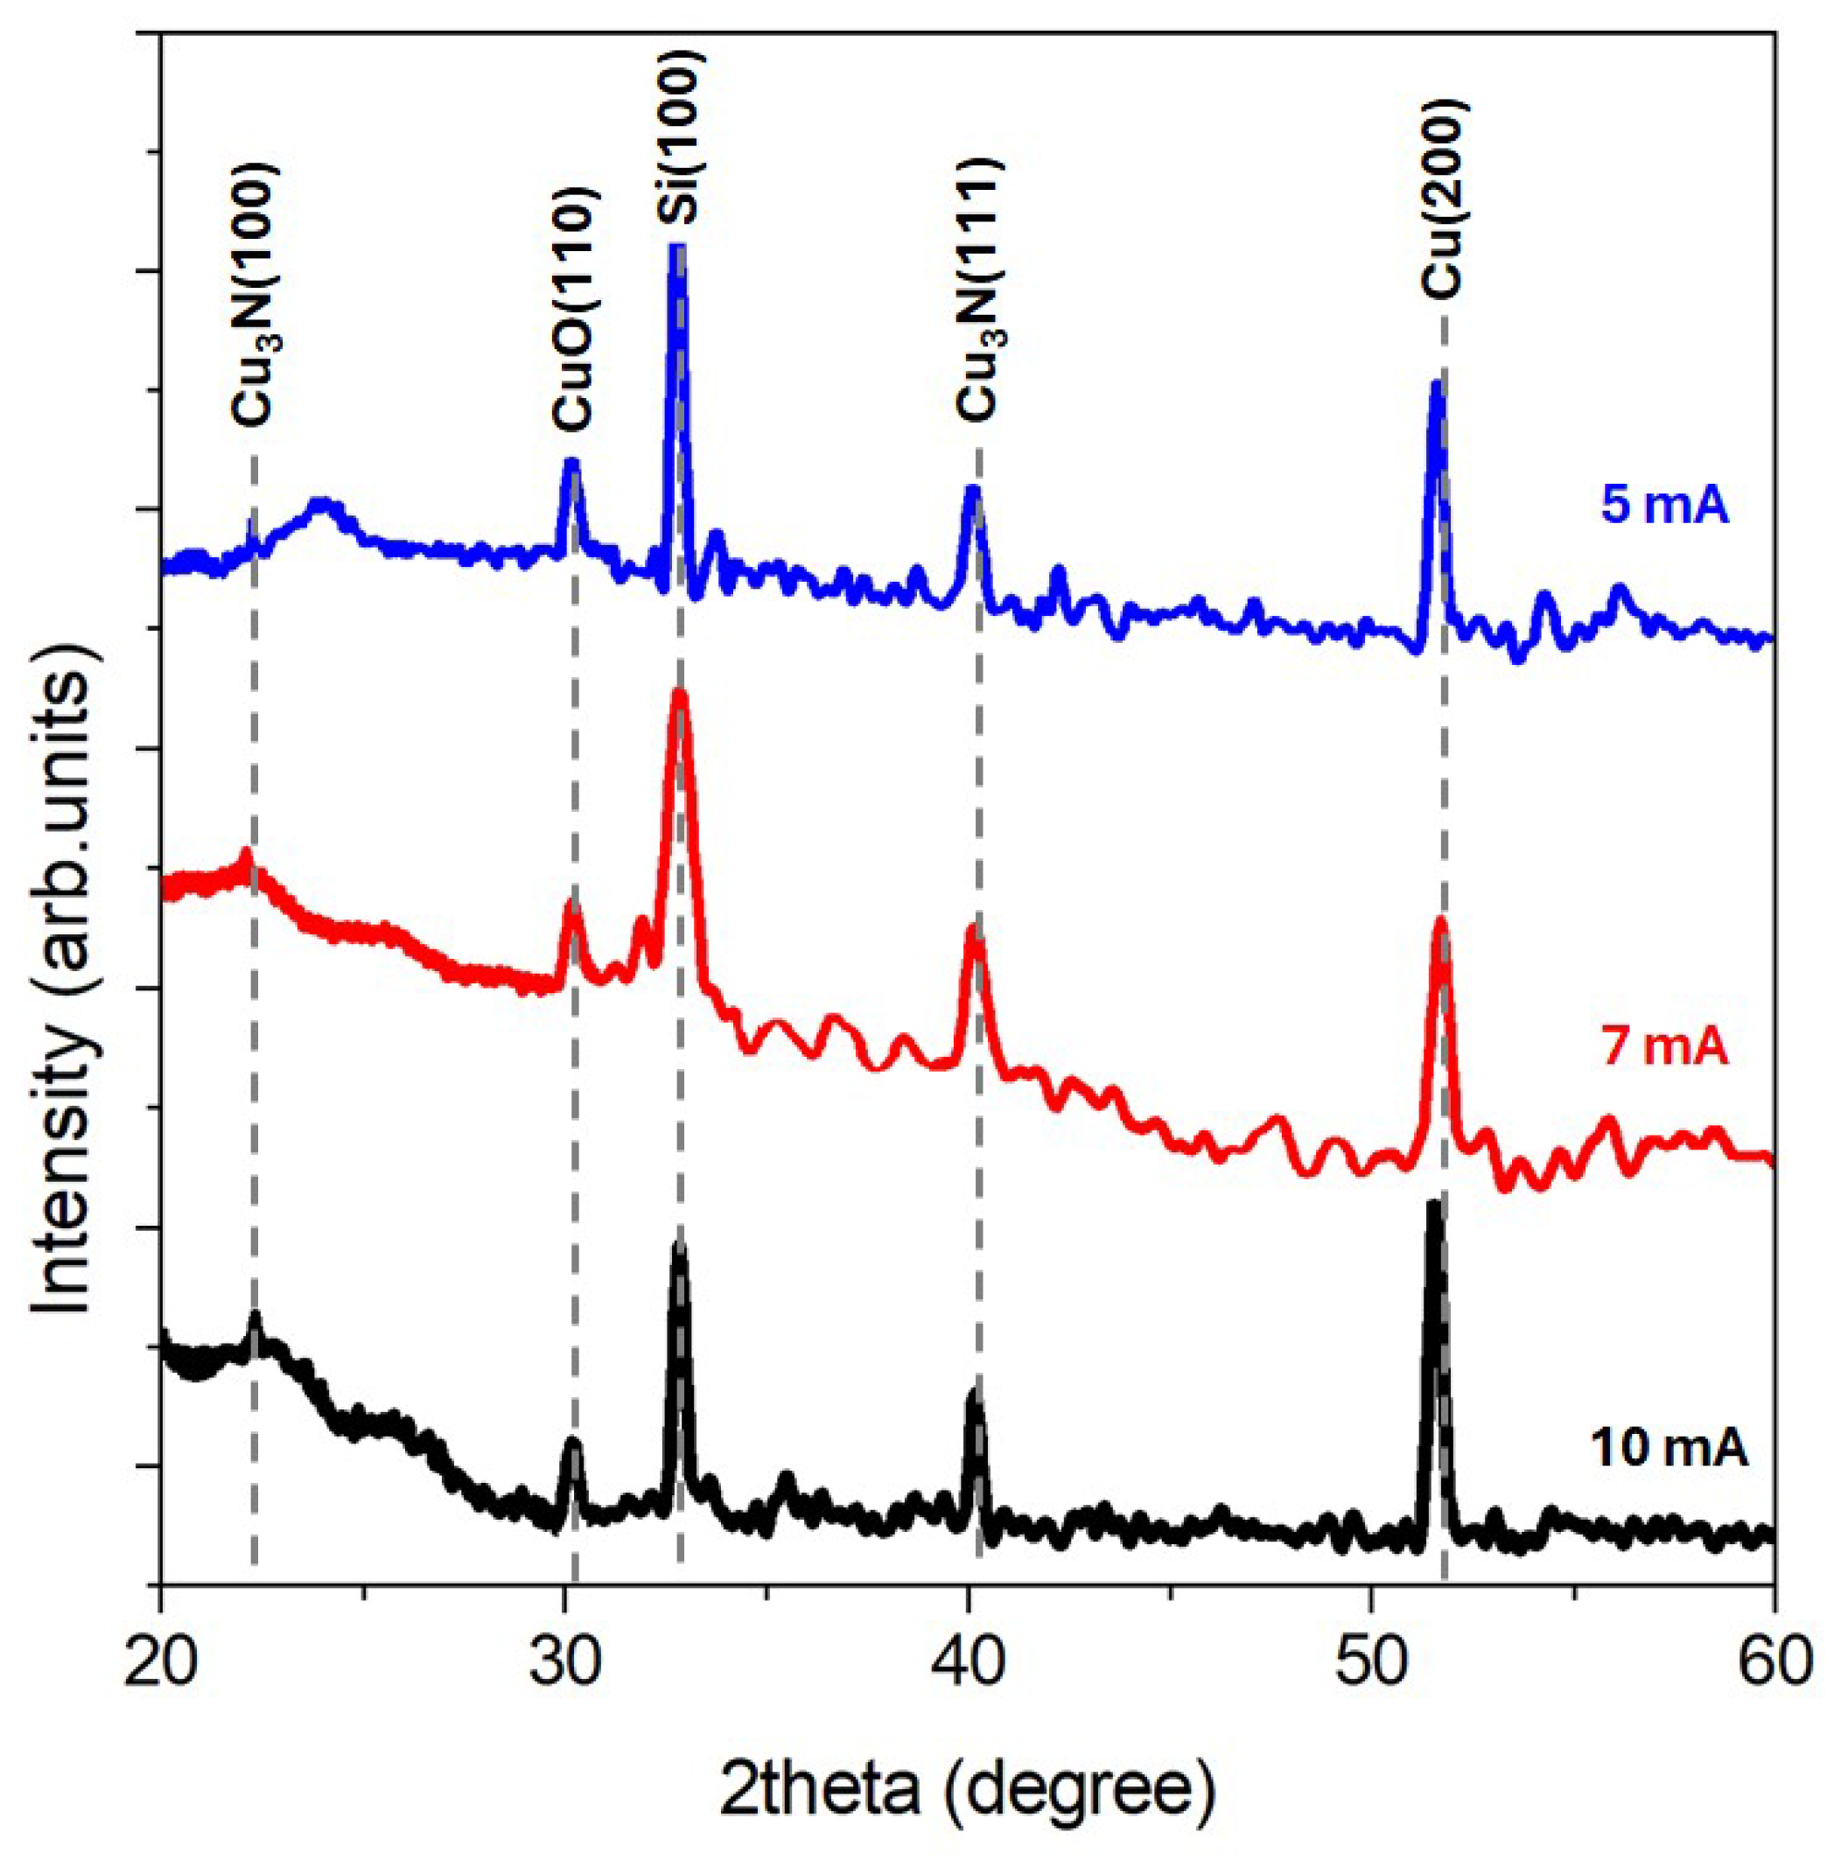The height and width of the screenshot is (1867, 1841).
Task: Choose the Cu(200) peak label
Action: click(1444, 198)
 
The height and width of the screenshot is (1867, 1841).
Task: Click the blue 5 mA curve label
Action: click(1664, 507)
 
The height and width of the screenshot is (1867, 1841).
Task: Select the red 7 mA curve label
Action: click(1664, 1047)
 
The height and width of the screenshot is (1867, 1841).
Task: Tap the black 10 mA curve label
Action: click(1668, 1479)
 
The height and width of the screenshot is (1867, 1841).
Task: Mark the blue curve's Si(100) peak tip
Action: click(677, 249)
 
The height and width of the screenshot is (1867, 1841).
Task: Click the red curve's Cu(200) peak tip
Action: click(1441, 921)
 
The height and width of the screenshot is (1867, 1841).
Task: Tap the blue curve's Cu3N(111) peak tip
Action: click(972, 489)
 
